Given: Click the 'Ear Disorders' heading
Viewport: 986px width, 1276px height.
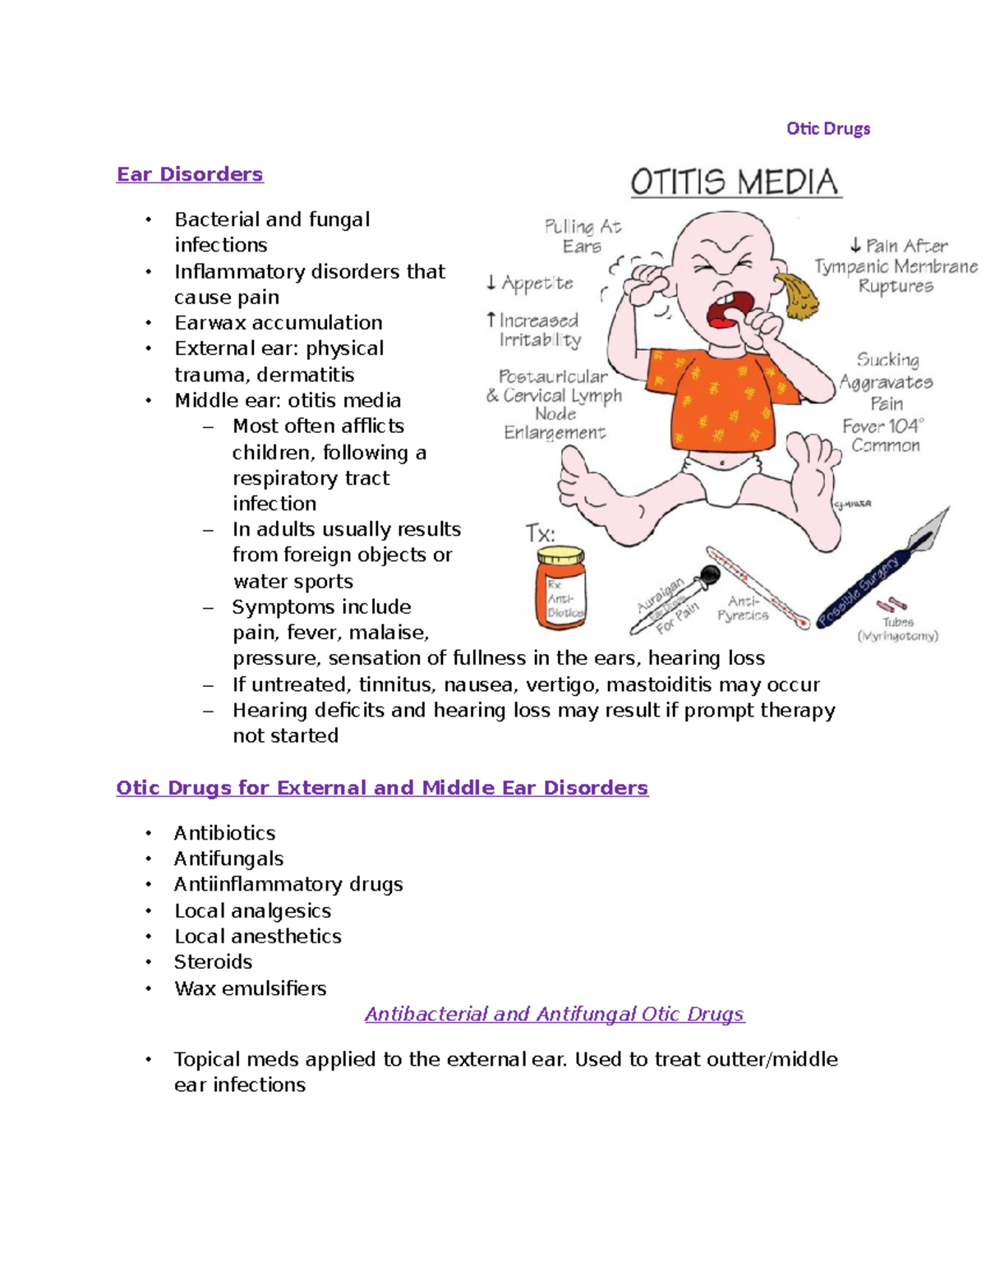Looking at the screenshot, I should [190, 174].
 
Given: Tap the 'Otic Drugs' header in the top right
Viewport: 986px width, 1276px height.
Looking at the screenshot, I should [827, 128].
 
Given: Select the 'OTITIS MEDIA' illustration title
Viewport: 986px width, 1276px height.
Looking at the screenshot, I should [735, 182].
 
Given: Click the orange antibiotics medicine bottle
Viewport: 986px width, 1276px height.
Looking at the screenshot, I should [560, 588].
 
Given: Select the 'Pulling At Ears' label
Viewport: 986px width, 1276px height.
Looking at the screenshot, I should [583, 236].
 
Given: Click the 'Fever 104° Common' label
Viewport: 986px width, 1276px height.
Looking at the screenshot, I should [884, 435].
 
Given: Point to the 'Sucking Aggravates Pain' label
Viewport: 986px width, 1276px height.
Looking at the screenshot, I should [886, 381].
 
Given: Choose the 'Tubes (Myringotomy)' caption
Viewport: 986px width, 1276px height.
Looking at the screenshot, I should [897, 629].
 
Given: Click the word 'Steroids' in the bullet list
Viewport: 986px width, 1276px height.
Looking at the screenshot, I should [213, 962].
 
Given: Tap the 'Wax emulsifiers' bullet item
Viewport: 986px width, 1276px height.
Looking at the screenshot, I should [250, 988].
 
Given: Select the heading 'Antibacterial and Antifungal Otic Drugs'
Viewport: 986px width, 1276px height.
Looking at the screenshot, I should [555, 1014].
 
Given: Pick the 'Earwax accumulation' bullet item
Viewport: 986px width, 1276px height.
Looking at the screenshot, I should [278, 322].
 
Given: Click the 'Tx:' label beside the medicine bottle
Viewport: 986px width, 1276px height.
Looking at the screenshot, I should [540, 533].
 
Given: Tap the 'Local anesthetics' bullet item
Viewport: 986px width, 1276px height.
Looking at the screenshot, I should [257, 936].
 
